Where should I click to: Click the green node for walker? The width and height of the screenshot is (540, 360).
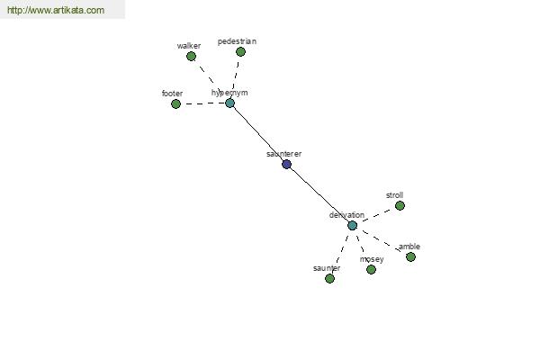point(191,56)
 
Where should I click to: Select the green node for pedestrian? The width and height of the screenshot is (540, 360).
point(240,51)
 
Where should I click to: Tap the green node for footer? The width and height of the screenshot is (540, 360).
point(176,103)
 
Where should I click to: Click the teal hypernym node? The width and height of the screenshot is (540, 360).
point(229,103)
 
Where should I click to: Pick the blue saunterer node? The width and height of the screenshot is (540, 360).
point(286,164)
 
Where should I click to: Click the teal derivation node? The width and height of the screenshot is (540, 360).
point(352,226)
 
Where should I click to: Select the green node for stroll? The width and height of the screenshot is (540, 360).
point(400,206)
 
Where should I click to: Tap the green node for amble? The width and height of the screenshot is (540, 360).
point(410,256)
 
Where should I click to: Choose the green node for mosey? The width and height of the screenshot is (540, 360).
point(371,269)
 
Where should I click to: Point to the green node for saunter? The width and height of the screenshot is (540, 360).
point(329,278)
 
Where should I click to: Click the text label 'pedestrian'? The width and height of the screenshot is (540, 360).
point(237,41)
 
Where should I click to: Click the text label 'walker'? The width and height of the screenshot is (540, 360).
point(189,46)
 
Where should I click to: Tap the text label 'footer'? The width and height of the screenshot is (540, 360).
point(172,94)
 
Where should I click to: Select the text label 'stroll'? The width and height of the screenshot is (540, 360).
point(395,195)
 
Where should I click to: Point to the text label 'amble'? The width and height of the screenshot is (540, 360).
point(409,247)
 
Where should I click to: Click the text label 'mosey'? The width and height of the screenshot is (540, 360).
point(372,259)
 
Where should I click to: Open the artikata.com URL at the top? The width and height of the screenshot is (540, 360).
point(56,10)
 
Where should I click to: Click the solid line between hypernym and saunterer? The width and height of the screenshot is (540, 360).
point(258,133)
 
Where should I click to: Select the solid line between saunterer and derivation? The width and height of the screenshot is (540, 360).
point(319,195)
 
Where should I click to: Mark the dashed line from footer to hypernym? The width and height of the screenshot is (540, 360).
point(202,103)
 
